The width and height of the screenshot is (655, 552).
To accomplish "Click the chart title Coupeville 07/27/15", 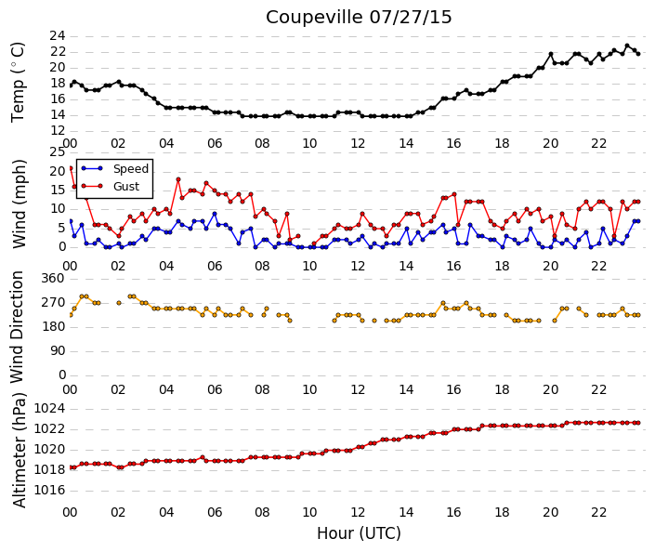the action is [359, 17].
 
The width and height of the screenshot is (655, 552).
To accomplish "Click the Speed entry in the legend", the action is [131, 169].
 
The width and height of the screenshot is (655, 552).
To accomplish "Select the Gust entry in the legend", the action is [126, 187].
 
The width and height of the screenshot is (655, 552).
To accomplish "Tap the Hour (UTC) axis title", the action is [359, 533].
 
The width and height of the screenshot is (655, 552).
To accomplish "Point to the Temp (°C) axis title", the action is [18, 83].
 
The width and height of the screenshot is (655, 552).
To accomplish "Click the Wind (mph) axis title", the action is [19, 204].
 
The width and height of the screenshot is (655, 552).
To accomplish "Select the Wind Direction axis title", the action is [17, 327].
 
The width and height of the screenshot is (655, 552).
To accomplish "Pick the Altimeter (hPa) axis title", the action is [19, 450].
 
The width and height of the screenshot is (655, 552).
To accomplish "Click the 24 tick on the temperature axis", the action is [58, 36].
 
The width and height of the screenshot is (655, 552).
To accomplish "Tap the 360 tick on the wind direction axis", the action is [53, 279].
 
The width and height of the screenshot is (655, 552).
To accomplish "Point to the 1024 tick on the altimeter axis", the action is [49, 408].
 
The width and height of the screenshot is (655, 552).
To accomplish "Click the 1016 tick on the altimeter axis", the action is [49, 490].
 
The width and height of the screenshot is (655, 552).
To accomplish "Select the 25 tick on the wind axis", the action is [58, 151].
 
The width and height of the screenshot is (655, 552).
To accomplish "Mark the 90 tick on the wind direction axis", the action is [58, 351].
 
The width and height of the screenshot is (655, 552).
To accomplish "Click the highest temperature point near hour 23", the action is [626, 46].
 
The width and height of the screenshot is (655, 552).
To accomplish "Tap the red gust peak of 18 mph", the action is [178, 179].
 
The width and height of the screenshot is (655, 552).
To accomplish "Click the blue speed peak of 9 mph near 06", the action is [215, 214].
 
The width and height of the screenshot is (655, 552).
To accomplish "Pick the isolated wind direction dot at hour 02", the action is [119, 303].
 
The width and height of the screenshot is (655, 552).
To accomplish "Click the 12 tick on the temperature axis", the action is [58, 131].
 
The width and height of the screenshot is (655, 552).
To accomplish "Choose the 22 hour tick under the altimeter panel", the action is [598, 512].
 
